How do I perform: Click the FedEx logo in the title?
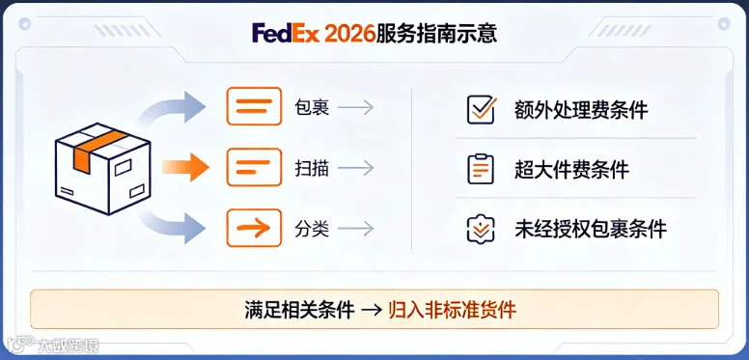285,34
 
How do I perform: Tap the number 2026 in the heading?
349,34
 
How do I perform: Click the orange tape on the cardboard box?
97,147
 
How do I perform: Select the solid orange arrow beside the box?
186,167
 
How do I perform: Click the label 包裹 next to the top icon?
312,107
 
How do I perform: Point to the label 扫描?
312,168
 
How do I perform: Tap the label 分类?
312,229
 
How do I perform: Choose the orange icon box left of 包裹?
254,106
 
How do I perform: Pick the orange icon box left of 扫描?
254,167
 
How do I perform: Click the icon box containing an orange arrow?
254,228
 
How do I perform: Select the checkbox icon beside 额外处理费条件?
481,110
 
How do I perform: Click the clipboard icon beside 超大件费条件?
481,169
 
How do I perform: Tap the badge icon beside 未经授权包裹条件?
481,229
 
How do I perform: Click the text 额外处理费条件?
581,110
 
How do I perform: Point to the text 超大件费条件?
571,170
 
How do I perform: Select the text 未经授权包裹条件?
591,229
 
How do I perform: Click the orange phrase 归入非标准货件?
453,310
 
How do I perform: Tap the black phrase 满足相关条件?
299,310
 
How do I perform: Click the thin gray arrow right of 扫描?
355,168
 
